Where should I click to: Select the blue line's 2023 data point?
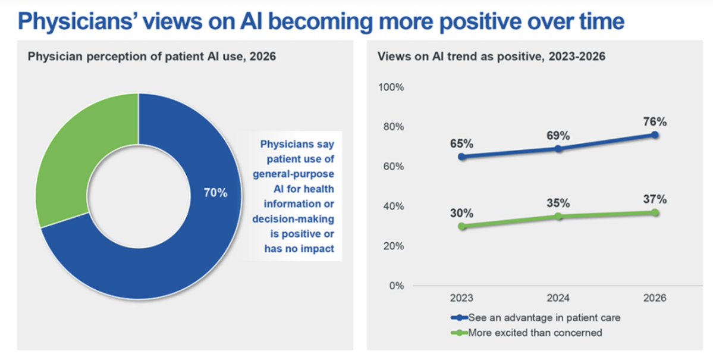click(461, 156)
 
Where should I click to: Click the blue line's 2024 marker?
click(558, 148)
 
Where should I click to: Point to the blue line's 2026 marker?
click(655, 134)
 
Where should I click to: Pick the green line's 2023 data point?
click(461, 226)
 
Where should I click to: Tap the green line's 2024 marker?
click(558, 216)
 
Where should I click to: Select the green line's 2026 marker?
click(655, 212)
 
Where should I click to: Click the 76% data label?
click(655, 122)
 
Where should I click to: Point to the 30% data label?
click(461, 213)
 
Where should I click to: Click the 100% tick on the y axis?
click(391, 87)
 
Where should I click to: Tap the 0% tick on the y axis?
click(397, 286)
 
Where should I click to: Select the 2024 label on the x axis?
click(558, 298)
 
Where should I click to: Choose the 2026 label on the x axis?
click(655, 298)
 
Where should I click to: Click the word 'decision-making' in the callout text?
click(293, 218)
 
